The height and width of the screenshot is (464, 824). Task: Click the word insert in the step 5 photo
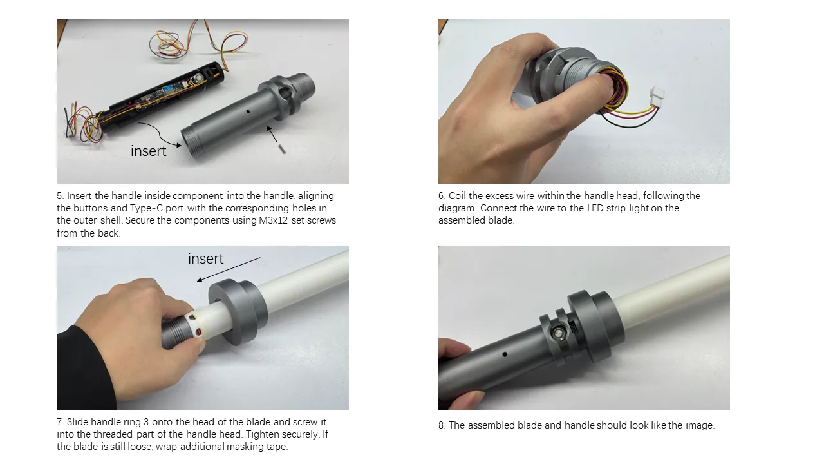(x=148, y=151)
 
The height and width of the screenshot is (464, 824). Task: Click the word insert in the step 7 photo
(x=205, y=258)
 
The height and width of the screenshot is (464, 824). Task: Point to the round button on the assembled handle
(x=557, y=334)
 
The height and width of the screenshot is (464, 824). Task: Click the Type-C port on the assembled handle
(x=574, y=327)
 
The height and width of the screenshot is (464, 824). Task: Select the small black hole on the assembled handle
(x=505, y=354)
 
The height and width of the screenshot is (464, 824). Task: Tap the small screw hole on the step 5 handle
(x=248, y=111)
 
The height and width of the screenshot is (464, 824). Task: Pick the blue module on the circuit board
(x=169, y=89)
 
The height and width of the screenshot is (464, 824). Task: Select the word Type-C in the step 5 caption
(x=146, y=208)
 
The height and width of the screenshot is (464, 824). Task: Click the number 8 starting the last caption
(x=442, y=425)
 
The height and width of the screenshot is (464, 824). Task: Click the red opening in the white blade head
(x=198, y=332)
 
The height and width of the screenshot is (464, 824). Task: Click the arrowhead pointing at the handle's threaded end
(x=178, y=145)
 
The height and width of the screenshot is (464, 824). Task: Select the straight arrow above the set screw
(x=272, y=133)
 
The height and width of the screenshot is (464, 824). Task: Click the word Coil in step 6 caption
(x=458, y=195)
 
